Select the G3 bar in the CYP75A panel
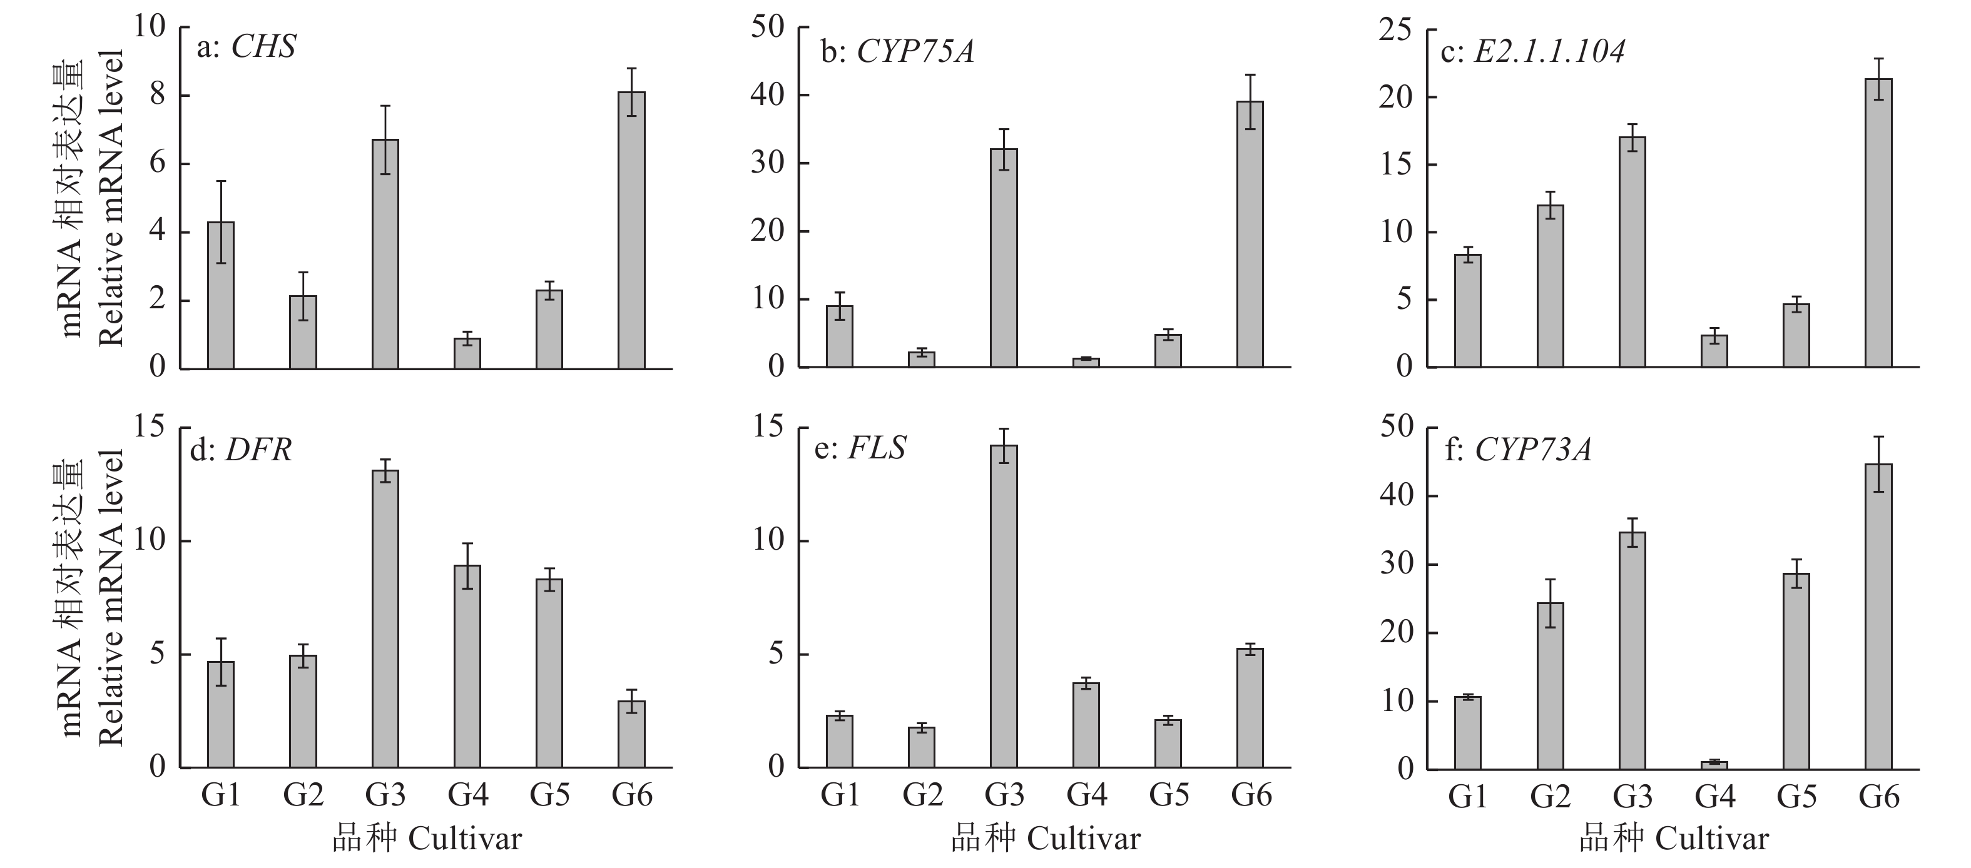1003,258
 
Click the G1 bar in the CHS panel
220,295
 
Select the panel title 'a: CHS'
246,48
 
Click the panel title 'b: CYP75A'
897,51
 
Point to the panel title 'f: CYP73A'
1518,450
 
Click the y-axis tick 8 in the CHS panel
158,96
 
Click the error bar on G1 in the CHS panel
220,222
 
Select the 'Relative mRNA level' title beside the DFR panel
110,597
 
